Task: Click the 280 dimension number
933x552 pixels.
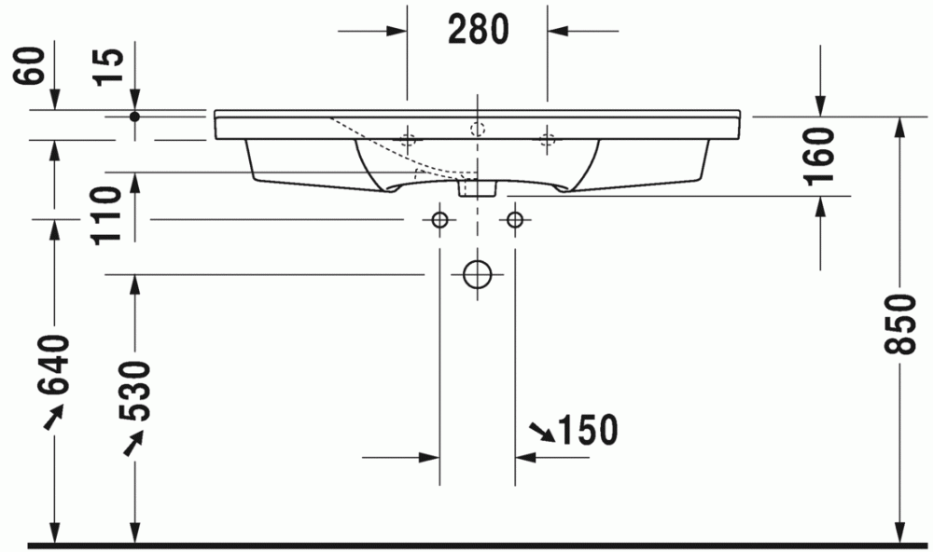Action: [x=479, y=30]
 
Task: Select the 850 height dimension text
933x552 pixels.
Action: [x=899, y=324]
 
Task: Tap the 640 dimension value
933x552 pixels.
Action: [x=54, y=365]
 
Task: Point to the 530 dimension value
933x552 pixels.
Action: [x=135, y=391]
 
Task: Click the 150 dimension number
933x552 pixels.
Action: [x=588, y=430]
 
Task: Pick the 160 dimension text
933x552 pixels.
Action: [x=819, y=157]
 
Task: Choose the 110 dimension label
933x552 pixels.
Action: [x=106, y=214]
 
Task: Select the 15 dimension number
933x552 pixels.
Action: [x=110, y=66]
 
